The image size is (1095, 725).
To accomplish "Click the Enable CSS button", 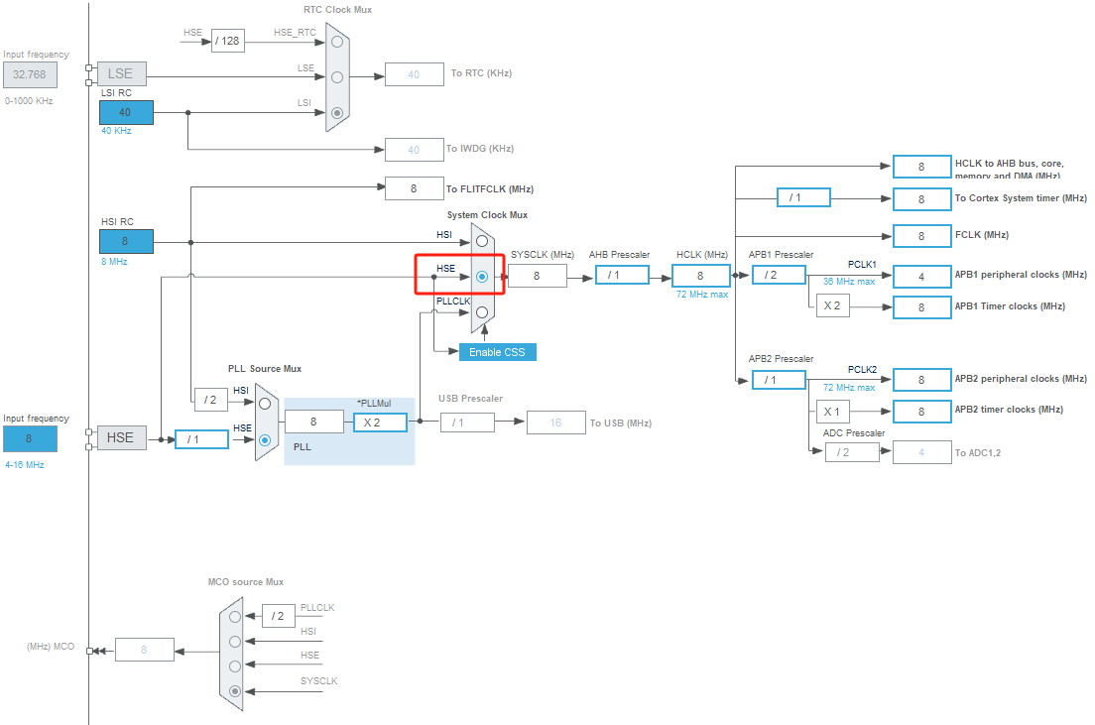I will tap(497, 352).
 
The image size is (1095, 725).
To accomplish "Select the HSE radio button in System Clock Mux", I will tap(482, 277).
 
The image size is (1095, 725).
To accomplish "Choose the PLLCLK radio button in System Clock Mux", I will tap(482, 311).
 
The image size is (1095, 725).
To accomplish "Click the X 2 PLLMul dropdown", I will tap(380, 422).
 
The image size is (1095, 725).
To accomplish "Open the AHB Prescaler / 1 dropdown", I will tap(622, 275).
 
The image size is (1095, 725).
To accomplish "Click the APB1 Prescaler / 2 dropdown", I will tap(778, 275).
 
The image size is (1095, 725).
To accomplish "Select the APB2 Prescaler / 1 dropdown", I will tap(778, 379).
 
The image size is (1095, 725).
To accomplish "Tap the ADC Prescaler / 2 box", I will tap(851, 452).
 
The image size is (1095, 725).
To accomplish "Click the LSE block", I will tap(121, 73).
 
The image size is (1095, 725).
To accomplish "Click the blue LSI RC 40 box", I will tap(126, 112).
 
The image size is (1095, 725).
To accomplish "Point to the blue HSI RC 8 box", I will tap(126, 241).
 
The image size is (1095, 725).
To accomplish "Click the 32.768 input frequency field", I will tap(30, 74).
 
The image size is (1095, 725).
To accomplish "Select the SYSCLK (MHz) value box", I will tap(537, 276).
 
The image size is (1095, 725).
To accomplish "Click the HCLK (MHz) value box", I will tap(700, 276).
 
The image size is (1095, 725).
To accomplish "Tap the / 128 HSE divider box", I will tap(227, 41).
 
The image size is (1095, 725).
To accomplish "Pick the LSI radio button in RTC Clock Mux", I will tap(338, 113).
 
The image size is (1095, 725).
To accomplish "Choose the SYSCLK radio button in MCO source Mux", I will tap(235, 691).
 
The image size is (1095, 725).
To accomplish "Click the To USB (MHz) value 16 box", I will tap(555, 423).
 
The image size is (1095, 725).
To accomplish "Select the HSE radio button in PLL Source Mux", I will tap(265, 439).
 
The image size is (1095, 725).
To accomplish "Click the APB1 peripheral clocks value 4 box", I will tap(921, 276).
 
